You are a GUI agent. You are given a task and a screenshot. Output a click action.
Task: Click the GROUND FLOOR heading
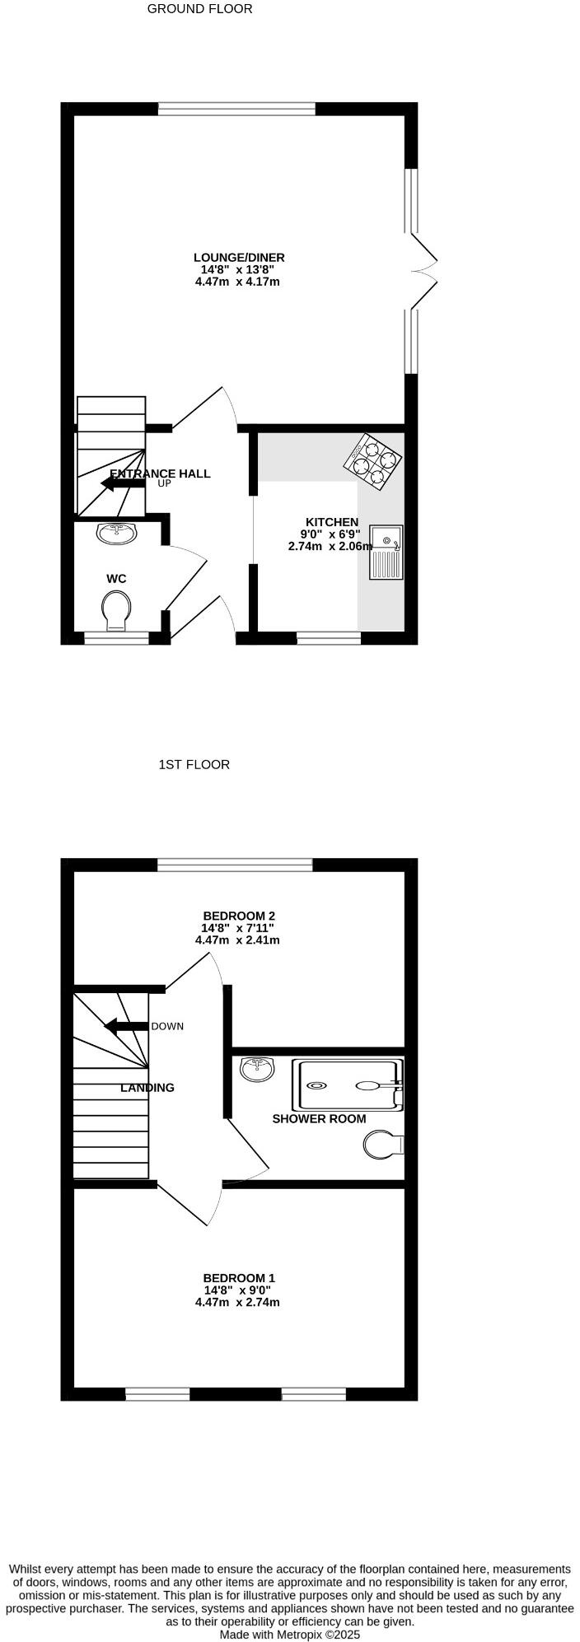coord(199,9)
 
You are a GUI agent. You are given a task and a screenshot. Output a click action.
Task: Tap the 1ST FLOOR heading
coord(194,764)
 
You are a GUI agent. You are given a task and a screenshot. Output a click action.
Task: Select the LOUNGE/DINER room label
coord(239,258)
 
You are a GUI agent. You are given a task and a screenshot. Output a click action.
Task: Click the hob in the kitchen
coord(372,462)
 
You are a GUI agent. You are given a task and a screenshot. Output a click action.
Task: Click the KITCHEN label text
coord(332,522)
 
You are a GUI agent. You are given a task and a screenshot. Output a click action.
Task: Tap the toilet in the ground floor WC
coord(116,613)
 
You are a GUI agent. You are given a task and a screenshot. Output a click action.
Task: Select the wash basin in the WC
coord(117,534)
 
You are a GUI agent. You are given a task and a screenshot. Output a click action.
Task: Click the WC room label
coord(116,579)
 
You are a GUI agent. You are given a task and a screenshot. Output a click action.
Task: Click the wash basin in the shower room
coord(258,1069)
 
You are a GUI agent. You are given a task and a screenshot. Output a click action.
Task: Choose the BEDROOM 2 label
coord(239,916)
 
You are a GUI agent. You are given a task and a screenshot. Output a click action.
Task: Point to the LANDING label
coord(147,1088)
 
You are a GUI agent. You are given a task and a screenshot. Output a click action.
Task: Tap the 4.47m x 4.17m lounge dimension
coord(237,282)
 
